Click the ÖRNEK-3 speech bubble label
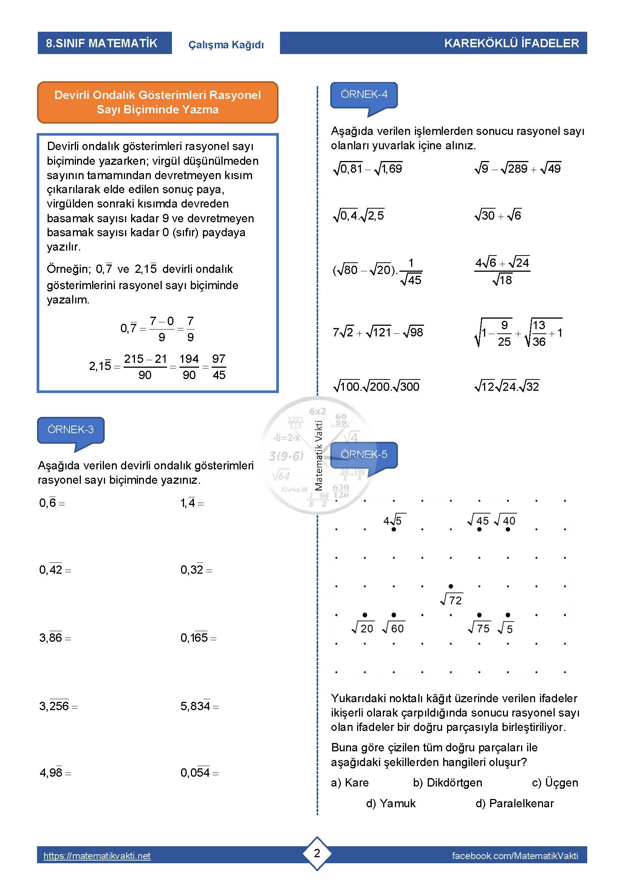pos(70,430)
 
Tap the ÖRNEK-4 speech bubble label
pos(364,95)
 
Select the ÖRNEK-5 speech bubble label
pos(364,455)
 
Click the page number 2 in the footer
pos(317,853)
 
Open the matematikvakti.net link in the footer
pos(97,856)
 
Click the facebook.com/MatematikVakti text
pos(515,856)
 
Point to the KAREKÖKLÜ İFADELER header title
pos(511,43)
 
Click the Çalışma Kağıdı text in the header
pos(226,45)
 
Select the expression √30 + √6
pos(498,215)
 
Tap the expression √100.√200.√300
pos(376,386)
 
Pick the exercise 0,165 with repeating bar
pos(198,638)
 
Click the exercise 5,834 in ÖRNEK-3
pos(199,706)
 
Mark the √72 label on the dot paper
pos(452,600)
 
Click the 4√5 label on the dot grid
pos(393,521)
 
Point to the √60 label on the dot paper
pos(393,629)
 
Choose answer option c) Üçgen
pos(555,783)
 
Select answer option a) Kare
pos(350,783)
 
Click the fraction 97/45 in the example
pos(218,367)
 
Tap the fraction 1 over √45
pos(411,272)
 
